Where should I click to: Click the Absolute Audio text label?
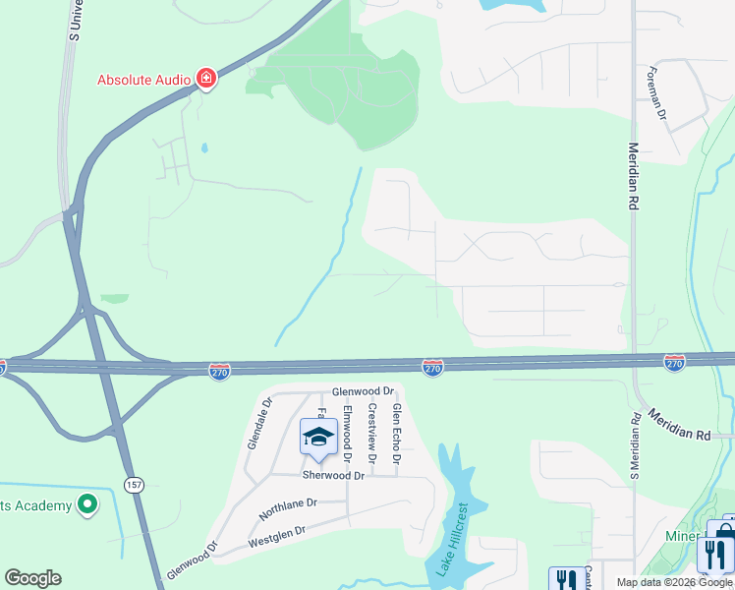pyautogui.click(x=143, y=80)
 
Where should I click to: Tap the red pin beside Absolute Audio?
pyautogui.click(x=205, y=78)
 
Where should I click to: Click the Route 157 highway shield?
pyautogui.click(x=134, y=483)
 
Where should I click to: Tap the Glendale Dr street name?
pyautogui.click(x=257, y=423)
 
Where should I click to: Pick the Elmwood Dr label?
pyautogui.click(x=347, y=434)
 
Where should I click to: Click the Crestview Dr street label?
pyautogui.click(x=372, y=433)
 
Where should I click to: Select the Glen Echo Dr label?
pyautogui.click(x=397, y=433)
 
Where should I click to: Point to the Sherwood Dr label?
pyautogui.click(x=333, y=475)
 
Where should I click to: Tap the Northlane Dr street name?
pyautogui.click(x=288, y=508)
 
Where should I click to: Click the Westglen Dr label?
pyautogui.click(x=277, y=535)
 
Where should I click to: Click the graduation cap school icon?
pyautogui.click(x=318, y=438)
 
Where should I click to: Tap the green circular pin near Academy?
pyautogui.click(x=87, y=504)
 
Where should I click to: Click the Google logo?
pyautogui.click(x=32, y=578)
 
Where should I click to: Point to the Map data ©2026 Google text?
pyautogui.click(x=674, y=582)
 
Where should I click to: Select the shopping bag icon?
pyautogui.click(x=723, y=536)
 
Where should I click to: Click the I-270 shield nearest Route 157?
pyautogui.click(x=220, y=371)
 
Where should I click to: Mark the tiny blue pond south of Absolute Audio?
pyautogui.click(x=203, y=148)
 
